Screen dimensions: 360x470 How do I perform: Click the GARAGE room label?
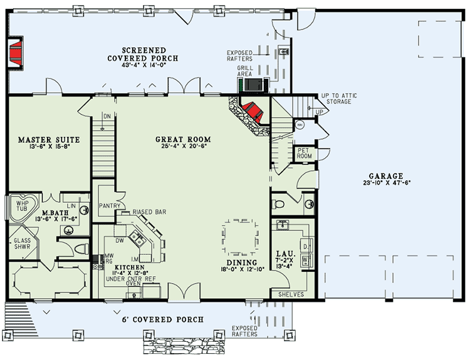pyautogui.click(x=385, y=176)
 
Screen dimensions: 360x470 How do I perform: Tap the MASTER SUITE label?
pyautogui.click(x=43, y=140)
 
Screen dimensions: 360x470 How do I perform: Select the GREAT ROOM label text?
pyautogui.click(x=183, y=140)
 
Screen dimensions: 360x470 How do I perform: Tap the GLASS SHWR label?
pyautogui.click(x=22, y=244)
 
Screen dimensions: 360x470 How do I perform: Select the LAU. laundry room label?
pyautogui.click(x=281, y=255)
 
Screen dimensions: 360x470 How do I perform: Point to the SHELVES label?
pyautogui.click(x=291, y=294)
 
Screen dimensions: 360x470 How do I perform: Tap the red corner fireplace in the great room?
pyautogui.click(x=252, y=111)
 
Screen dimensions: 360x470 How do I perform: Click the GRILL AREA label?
pyautogui.click(x=245, y=70)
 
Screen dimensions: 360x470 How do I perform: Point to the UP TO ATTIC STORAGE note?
pyautogui.click(x=338, y=98)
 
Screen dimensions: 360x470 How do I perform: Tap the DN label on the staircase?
pyautogui.click(x=107, y=115)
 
